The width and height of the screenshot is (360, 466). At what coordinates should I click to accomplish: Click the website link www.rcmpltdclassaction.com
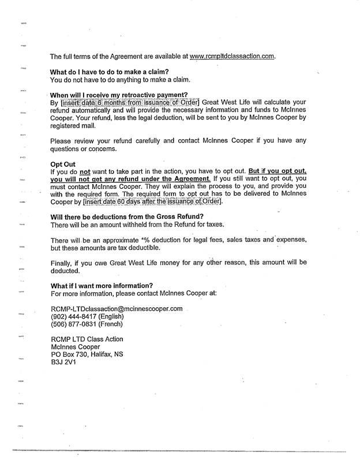pos(232,57)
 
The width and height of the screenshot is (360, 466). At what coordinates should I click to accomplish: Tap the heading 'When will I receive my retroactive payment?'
pos(119,95)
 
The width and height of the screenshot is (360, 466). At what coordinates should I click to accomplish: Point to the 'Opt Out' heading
pos(63,164)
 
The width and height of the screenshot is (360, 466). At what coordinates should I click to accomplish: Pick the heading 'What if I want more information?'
pos(102,285)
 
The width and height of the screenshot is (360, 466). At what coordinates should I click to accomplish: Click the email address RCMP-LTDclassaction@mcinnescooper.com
pos(117,308)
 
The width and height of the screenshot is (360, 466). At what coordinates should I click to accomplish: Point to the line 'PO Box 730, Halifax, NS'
pos(87,353)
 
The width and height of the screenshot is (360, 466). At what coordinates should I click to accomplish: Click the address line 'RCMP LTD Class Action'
pos(87,338)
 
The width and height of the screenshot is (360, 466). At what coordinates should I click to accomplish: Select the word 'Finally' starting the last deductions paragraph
pos(61,263)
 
